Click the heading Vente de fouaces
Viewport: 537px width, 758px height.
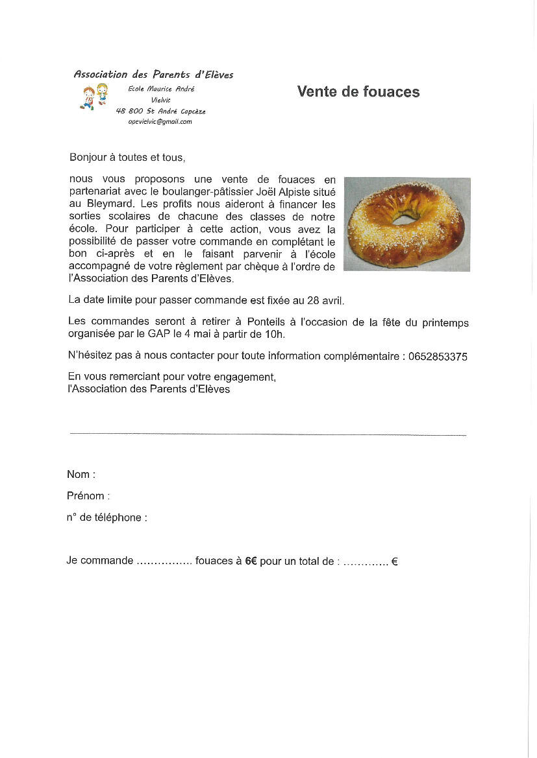358,92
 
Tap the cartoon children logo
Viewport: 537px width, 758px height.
92,97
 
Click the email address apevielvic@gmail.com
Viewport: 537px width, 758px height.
160,121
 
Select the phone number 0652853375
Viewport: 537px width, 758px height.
438,357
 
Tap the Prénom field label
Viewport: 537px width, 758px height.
88,496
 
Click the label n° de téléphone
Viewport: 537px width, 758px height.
106,517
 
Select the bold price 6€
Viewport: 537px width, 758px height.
251,561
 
